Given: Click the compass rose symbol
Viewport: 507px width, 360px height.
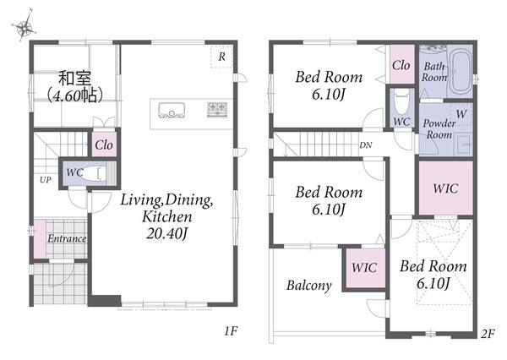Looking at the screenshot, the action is click(x=24, y=26).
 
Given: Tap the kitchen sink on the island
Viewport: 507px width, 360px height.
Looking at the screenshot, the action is click(x=172, y=111).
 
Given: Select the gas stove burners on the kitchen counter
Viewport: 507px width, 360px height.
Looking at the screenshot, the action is click(x=217, y=109).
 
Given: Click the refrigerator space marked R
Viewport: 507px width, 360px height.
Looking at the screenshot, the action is click(x=221, y=57).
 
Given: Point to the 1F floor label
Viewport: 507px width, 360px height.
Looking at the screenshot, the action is click(x=232, y=330).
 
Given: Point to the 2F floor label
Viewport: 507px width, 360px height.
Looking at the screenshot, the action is click(x=488, y=334).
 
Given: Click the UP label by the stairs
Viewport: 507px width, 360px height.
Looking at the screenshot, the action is click(x=46, y=180).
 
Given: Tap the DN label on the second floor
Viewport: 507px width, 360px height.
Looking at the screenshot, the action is click(x=366, y=145).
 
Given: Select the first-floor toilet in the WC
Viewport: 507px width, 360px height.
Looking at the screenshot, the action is click(x=94, y=173).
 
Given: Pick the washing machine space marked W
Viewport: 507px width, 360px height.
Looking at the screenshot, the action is click(x=461, y=114).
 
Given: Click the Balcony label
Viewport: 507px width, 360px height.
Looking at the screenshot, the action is click(x=309, y=286).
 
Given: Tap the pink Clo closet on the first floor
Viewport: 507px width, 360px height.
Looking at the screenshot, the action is click(x=104, y=145).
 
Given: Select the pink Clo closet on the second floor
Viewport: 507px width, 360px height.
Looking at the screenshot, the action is click(x=401, y=65).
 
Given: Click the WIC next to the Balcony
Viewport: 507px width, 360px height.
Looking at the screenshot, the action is click(x=364, y=268).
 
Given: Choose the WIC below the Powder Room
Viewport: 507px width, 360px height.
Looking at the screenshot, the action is click(x=445, y=188).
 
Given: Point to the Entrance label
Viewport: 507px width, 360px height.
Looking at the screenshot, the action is click(x=67, y=238).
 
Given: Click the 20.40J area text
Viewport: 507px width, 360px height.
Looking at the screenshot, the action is click(x=166, y=233).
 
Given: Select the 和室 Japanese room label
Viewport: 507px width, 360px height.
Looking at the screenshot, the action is click(x=75, y=78).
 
